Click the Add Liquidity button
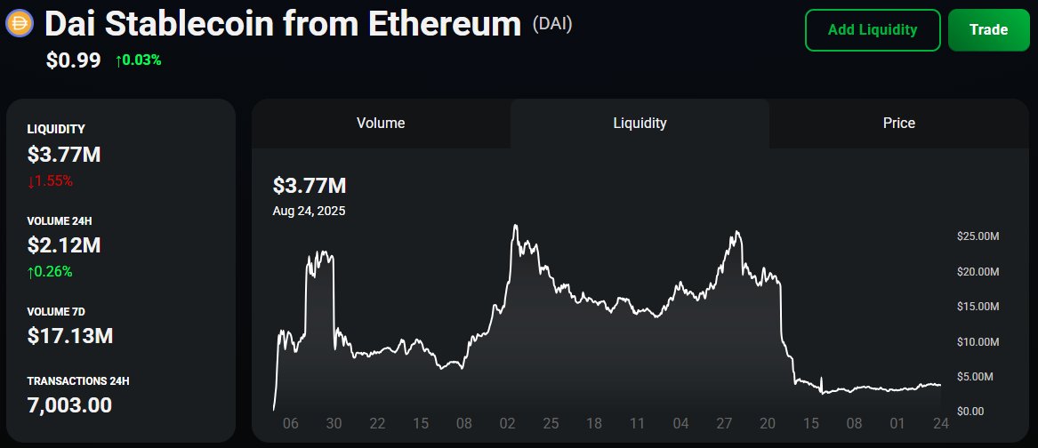coord(872,30)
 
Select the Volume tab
coord(381,124)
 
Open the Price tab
coord(898,124)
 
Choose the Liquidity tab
coord(640,124)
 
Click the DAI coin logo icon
coord(20,24)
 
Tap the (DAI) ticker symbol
coord(551,24)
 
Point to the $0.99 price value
coord(74,60)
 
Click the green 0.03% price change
coord(138,60)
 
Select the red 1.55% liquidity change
coord(50,180)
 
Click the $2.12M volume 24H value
coord(64,245)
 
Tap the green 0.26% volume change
coord(50,271)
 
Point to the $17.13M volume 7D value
coord(70,336)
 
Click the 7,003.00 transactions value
coord(69,405)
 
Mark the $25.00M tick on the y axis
coord(978,236)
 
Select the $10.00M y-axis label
coord(978,341)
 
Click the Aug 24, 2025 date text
coord(309,211)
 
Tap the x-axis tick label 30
coord(334,425)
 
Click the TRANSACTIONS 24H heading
coord(78,380)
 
